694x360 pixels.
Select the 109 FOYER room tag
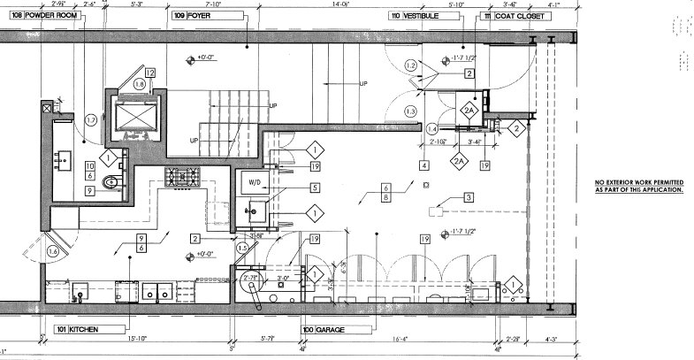(193, 16)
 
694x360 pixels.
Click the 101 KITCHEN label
(75, 329)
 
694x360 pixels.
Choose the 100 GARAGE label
(320, 329)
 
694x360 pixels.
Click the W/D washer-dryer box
(255, 184)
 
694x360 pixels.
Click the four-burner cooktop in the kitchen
(182, 176)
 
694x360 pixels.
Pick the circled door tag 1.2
(410, 66)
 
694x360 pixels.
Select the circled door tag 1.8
(140, 83)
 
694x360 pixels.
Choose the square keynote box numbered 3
(469, 199)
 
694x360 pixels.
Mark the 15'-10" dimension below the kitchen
(135, 339)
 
